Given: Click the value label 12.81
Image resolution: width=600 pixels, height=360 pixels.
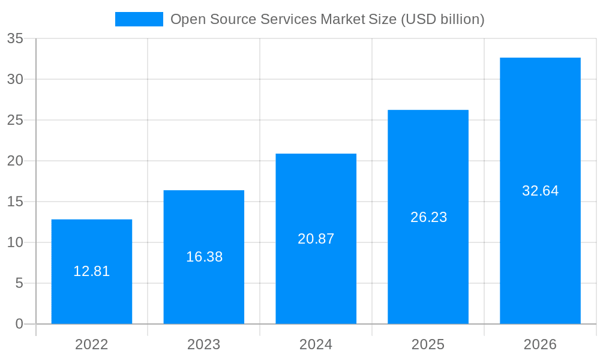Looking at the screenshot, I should pyautogui.click(x=92, y=271).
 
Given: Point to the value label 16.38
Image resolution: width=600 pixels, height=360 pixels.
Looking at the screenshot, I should pyautogui.click(x=204, y=257).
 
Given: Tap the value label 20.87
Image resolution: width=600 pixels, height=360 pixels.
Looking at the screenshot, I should pyautogui.click(x=316, y=239).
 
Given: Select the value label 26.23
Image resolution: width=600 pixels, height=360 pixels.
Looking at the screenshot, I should pyautogui.click(x=428, y=217).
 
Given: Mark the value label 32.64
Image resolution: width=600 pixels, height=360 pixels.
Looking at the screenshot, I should pyautogui.click(x=540, y=191).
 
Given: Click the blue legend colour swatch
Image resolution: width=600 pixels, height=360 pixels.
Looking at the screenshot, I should pyautogui.click(x=139, y=19).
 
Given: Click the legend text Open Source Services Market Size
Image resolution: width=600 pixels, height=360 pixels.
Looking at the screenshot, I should pyautogui.click(x=327, y=19).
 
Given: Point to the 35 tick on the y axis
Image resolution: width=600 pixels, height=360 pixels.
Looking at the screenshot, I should pyautogui.click(x=15, y=38).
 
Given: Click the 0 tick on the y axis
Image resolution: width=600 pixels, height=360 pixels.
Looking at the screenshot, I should pyautogui.click(x=19, y=324).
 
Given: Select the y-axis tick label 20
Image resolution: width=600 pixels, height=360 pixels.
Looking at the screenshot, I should pyautogui.click(x=15, y=161).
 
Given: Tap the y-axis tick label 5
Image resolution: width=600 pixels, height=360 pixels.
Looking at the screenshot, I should pyautogui.click(x=19, y=283).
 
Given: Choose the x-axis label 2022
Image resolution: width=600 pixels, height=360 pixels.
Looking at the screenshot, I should pyautogui.click(x=92, y=344).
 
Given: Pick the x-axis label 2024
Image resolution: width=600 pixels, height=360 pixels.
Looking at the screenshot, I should pyautogui.click(x=316, y=344).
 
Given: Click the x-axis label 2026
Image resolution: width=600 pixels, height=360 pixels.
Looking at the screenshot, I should pyautogui.click(x=540, y=344).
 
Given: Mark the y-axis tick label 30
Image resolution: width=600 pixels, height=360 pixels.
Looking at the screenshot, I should pyautogui.click(x=15, y=79).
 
